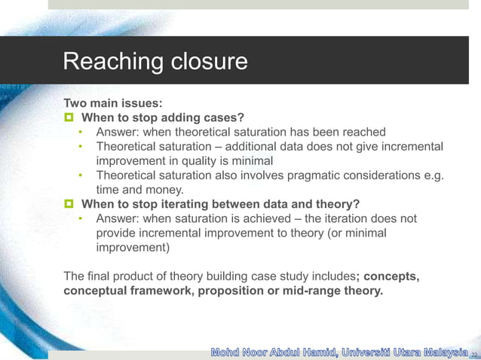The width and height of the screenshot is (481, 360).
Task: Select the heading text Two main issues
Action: click(x=113, y=104)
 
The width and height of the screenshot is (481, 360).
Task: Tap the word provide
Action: click(x=118, y=233)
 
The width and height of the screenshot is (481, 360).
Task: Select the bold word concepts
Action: click(x=392, y=276)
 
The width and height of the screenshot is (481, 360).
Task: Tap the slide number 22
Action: click(x=474, y=352)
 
